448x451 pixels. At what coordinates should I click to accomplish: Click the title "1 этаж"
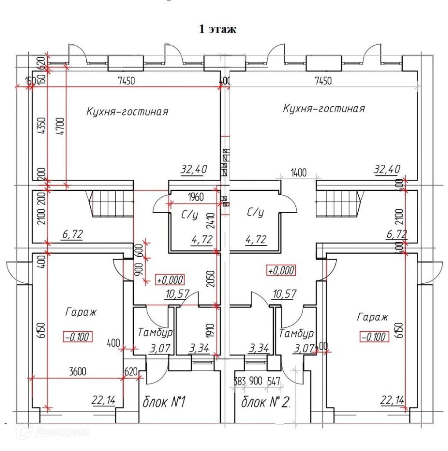click(x=218, y=30)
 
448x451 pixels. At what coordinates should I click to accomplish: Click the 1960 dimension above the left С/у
click(x=195, y=197)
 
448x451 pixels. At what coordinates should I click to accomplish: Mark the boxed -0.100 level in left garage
click(x=77, y=337)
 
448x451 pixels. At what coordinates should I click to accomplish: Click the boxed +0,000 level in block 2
click(x=281, y=270)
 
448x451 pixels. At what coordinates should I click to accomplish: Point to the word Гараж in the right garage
click(x=373, y=317)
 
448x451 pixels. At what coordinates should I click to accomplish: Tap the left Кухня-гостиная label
click(x=127, y=111)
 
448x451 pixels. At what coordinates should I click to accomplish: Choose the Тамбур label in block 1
click(x=155, y=333)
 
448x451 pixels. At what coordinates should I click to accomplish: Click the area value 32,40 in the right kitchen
click(x=387, y=169)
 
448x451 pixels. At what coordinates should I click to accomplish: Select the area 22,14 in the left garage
click(x=103, y=400)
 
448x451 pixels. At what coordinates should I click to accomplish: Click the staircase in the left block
click(x=112, y=204)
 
